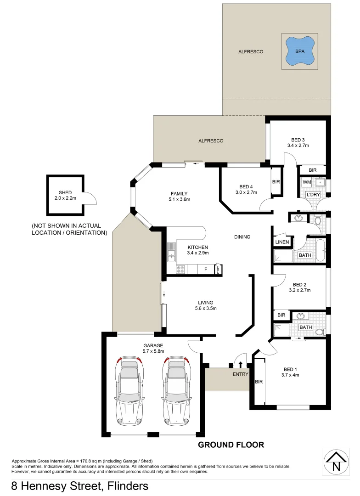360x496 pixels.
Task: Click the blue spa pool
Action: point(300,51)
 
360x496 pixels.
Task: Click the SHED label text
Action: point(65,192)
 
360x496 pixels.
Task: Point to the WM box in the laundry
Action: point(306,182)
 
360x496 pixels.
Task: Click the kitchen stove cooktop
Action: point(181,270)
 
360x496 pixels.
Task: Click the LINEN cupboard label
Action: point(282,242)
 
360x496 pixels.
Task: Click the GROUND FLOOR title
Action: point(231,445)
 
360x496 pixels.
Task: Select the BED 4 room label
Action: point(246,186)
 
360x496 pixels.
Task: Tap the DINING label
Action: point(242,237)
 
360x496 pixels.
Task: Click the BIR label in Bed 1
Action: point(258,381)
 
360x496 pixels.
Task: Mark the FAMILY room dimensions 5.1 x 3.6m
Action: point(179,199)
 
